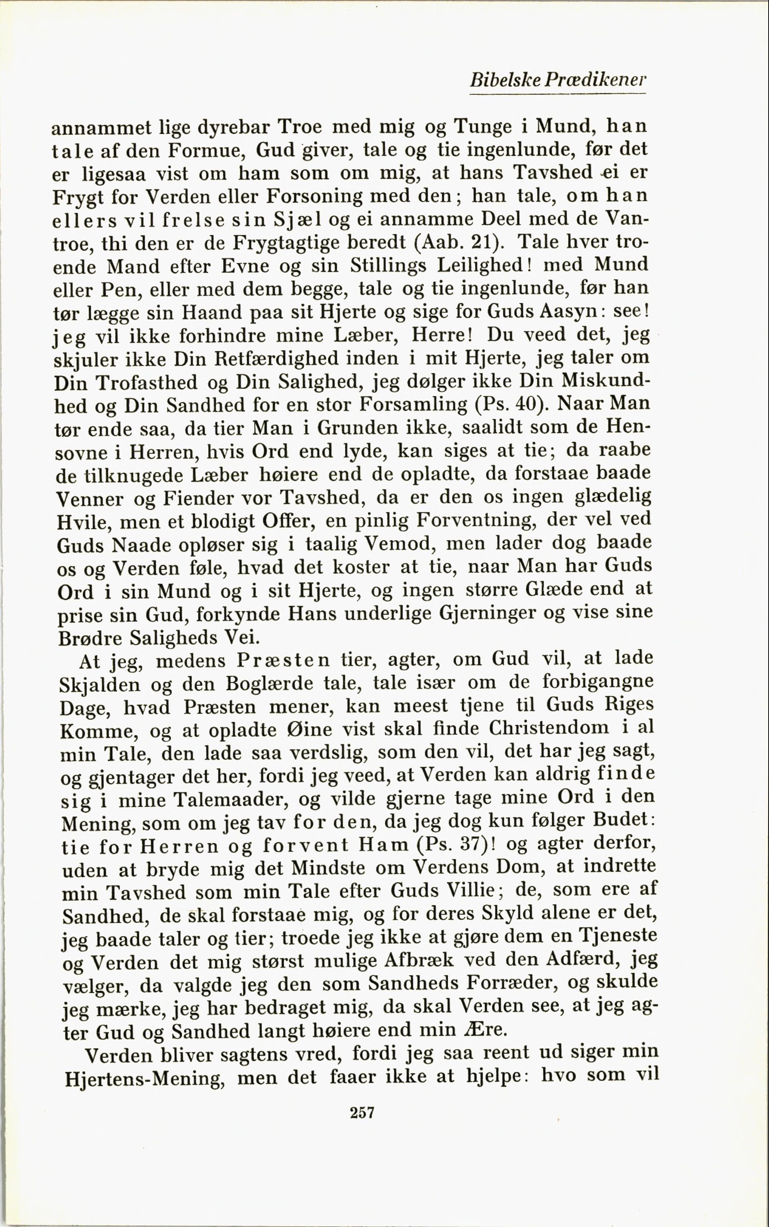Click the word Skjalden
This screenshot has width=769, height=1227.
[100, 684]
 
